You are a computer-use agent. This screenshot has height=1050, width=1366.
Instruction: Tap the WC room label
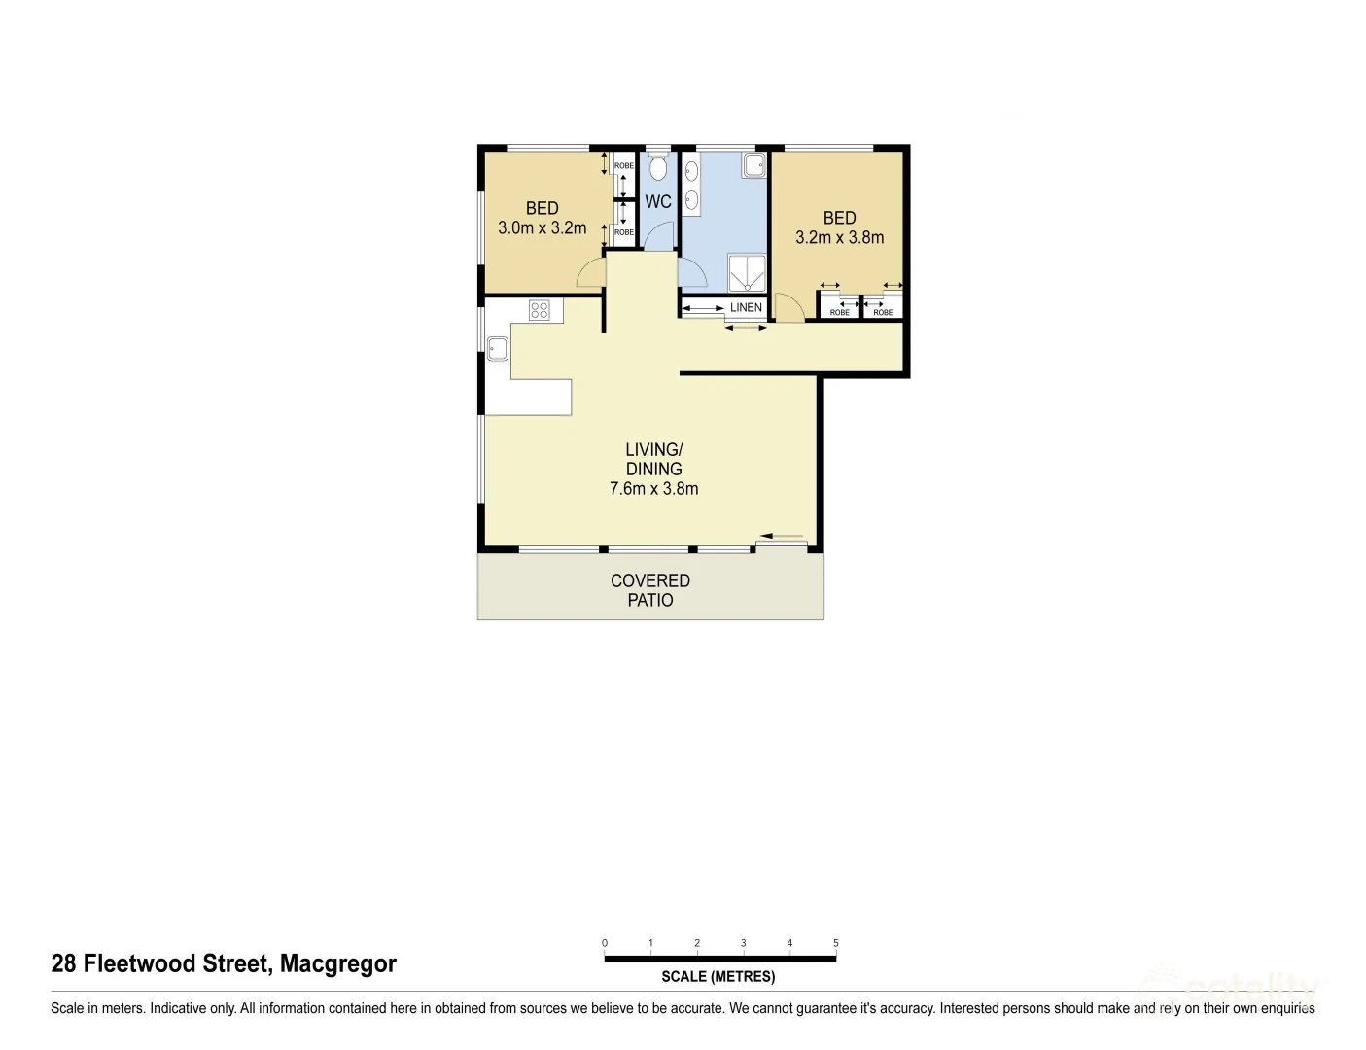coord(658,202)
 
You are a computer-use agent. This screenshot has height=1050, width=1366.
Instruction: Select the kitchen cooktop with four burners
coord(540,310)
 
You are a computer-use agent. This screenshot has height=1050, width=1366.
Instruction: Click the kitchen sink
coord(498,347)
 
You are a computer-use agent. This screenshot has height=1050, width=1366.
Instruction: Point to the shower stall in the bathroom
coord(747,272)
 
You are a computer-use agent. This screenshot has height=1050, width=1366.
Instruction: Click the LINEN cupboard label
coord(746,308)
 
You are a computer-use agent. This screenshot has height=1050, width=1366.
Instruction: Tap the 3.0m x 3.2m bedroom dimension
coord(542,228)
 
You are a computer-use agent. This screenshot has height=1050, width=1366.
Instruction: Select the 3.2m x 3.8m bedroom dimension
coord(839,237)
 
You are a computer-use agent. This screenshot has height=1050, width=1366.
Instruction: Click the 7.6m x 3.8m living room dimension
coord(653,489)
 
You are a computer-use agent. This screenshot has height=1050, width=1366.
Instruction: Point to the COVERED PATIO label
coord(650,590)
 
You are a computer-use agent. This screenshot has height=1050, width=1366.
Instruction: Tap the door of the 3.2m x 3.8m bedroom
coord(789,308)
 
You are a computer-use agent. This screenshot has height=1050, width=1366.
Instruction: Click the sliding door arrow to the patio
coord(783,536)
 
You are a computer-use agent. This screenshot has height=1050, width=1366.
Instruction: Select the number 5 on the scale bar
coord(836,943)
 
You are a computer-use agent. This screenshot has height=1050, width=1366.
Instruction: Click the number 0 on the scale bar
coord(605,943)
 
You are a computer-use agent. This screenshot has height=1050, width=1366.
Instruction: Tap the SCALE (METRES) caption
coord(718,977)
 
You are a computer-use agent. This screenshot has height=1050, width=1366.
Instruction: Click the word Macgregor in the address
coord(338,963)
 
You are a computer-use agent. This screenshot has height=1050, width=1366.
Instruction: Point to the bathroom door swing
coord(691,273)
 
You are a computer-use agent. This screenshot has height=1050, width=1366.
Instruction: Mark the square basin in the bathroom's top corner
coord(754,166)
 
